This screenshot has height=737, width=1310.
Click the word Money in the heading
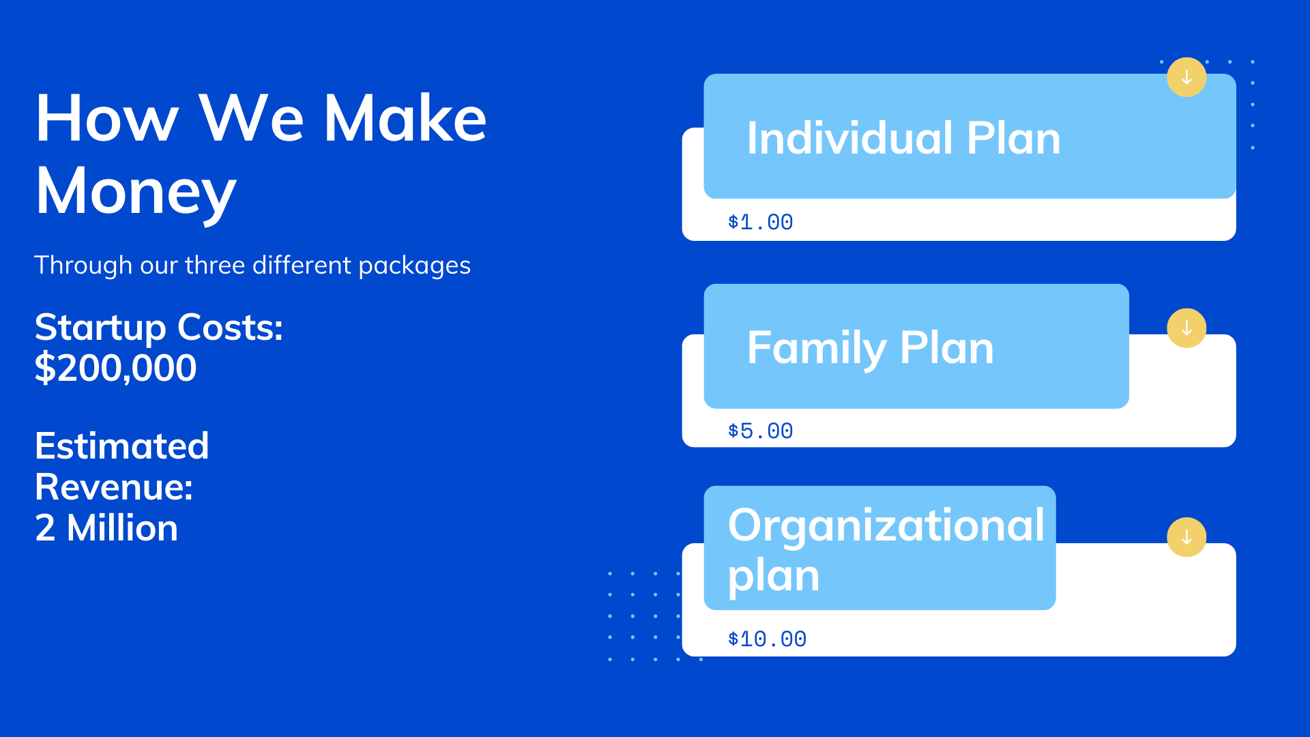tap(136, 192)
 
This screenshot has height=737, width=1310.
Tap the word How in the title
tap(107, 119)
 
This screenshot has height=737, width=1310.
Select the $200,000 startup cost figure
tap(115, 369)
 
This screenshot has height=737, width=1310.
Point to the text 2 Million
tap(106, 528)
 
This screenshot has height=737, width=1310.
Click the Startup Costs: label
tap(158, 328)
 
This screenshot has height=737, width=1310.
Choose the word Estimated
tap(121, 446)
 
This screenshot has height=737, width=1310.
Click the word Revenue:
tap(114, 487)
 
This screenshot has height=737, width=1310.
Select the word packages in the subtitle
tap(414, 266)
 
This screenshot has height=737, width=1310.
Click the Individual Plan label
tap(903, 139)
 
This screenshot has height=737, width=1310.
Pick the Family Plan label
tap(870, 348)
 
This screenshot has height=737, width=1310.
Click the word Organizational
tap(886, 525)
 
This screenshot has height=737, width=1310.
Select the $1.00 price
tap(760, 222)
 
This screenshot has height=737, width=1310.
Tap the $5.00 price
tap(760, 431)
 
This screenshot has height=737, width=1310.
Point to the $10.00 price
tap(767, 639)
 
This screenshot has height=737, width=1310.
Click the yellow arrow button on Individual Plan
tap(1187, 77)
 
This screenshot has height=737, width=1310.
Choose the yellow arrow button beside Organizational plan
tap(1187, 537)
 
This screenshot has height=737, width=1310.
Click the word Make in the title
tap(405, 119)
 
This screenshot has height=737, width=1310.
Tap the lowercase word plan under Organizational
tap(773, 577)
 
